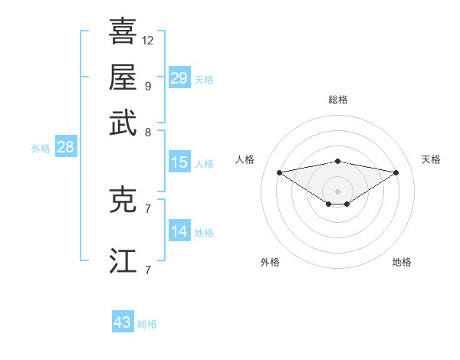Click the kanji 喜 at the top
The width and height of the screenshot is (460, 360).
pyautogui.click(x=123, y=31)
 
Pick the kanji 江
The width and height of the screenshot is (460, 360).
pyautogui.click(x=123, y=260)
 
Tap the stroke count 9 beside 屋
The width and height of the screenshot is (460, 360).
pyautogui.click(x=148, y=86)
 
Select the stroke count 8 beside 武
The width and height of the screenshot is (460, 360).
pyautogui.click(x=148, y=132)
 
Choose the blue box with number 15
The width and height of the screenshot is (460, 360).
pyautogui.click(x=179, y=162)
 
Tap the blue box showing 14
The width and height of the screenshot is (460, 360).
pyautogui.click(x=179, y=231)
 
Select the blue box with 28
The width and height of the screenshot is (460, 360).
pyautogui.click(x=65, y=148)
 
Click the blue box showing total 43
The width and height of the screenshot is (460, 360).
pyautogui.click(x=123, y=322)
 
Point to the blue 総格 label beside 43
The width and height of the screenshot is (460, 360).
pyautogui.click(x=147, y=324)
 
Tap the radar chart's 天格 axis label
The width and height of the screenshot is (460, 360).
pyautogui.click(x=432, y=159)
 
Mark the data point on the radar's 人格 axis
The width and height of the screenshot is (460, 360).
pyautogui.click(x=280, y=172)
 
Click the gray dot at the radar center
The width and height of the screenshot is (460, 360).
pyautogui.click(x=338, y=191)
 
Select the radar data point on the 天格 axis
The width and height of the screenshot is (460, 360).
pyautogui.click(x=396, y=172)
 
